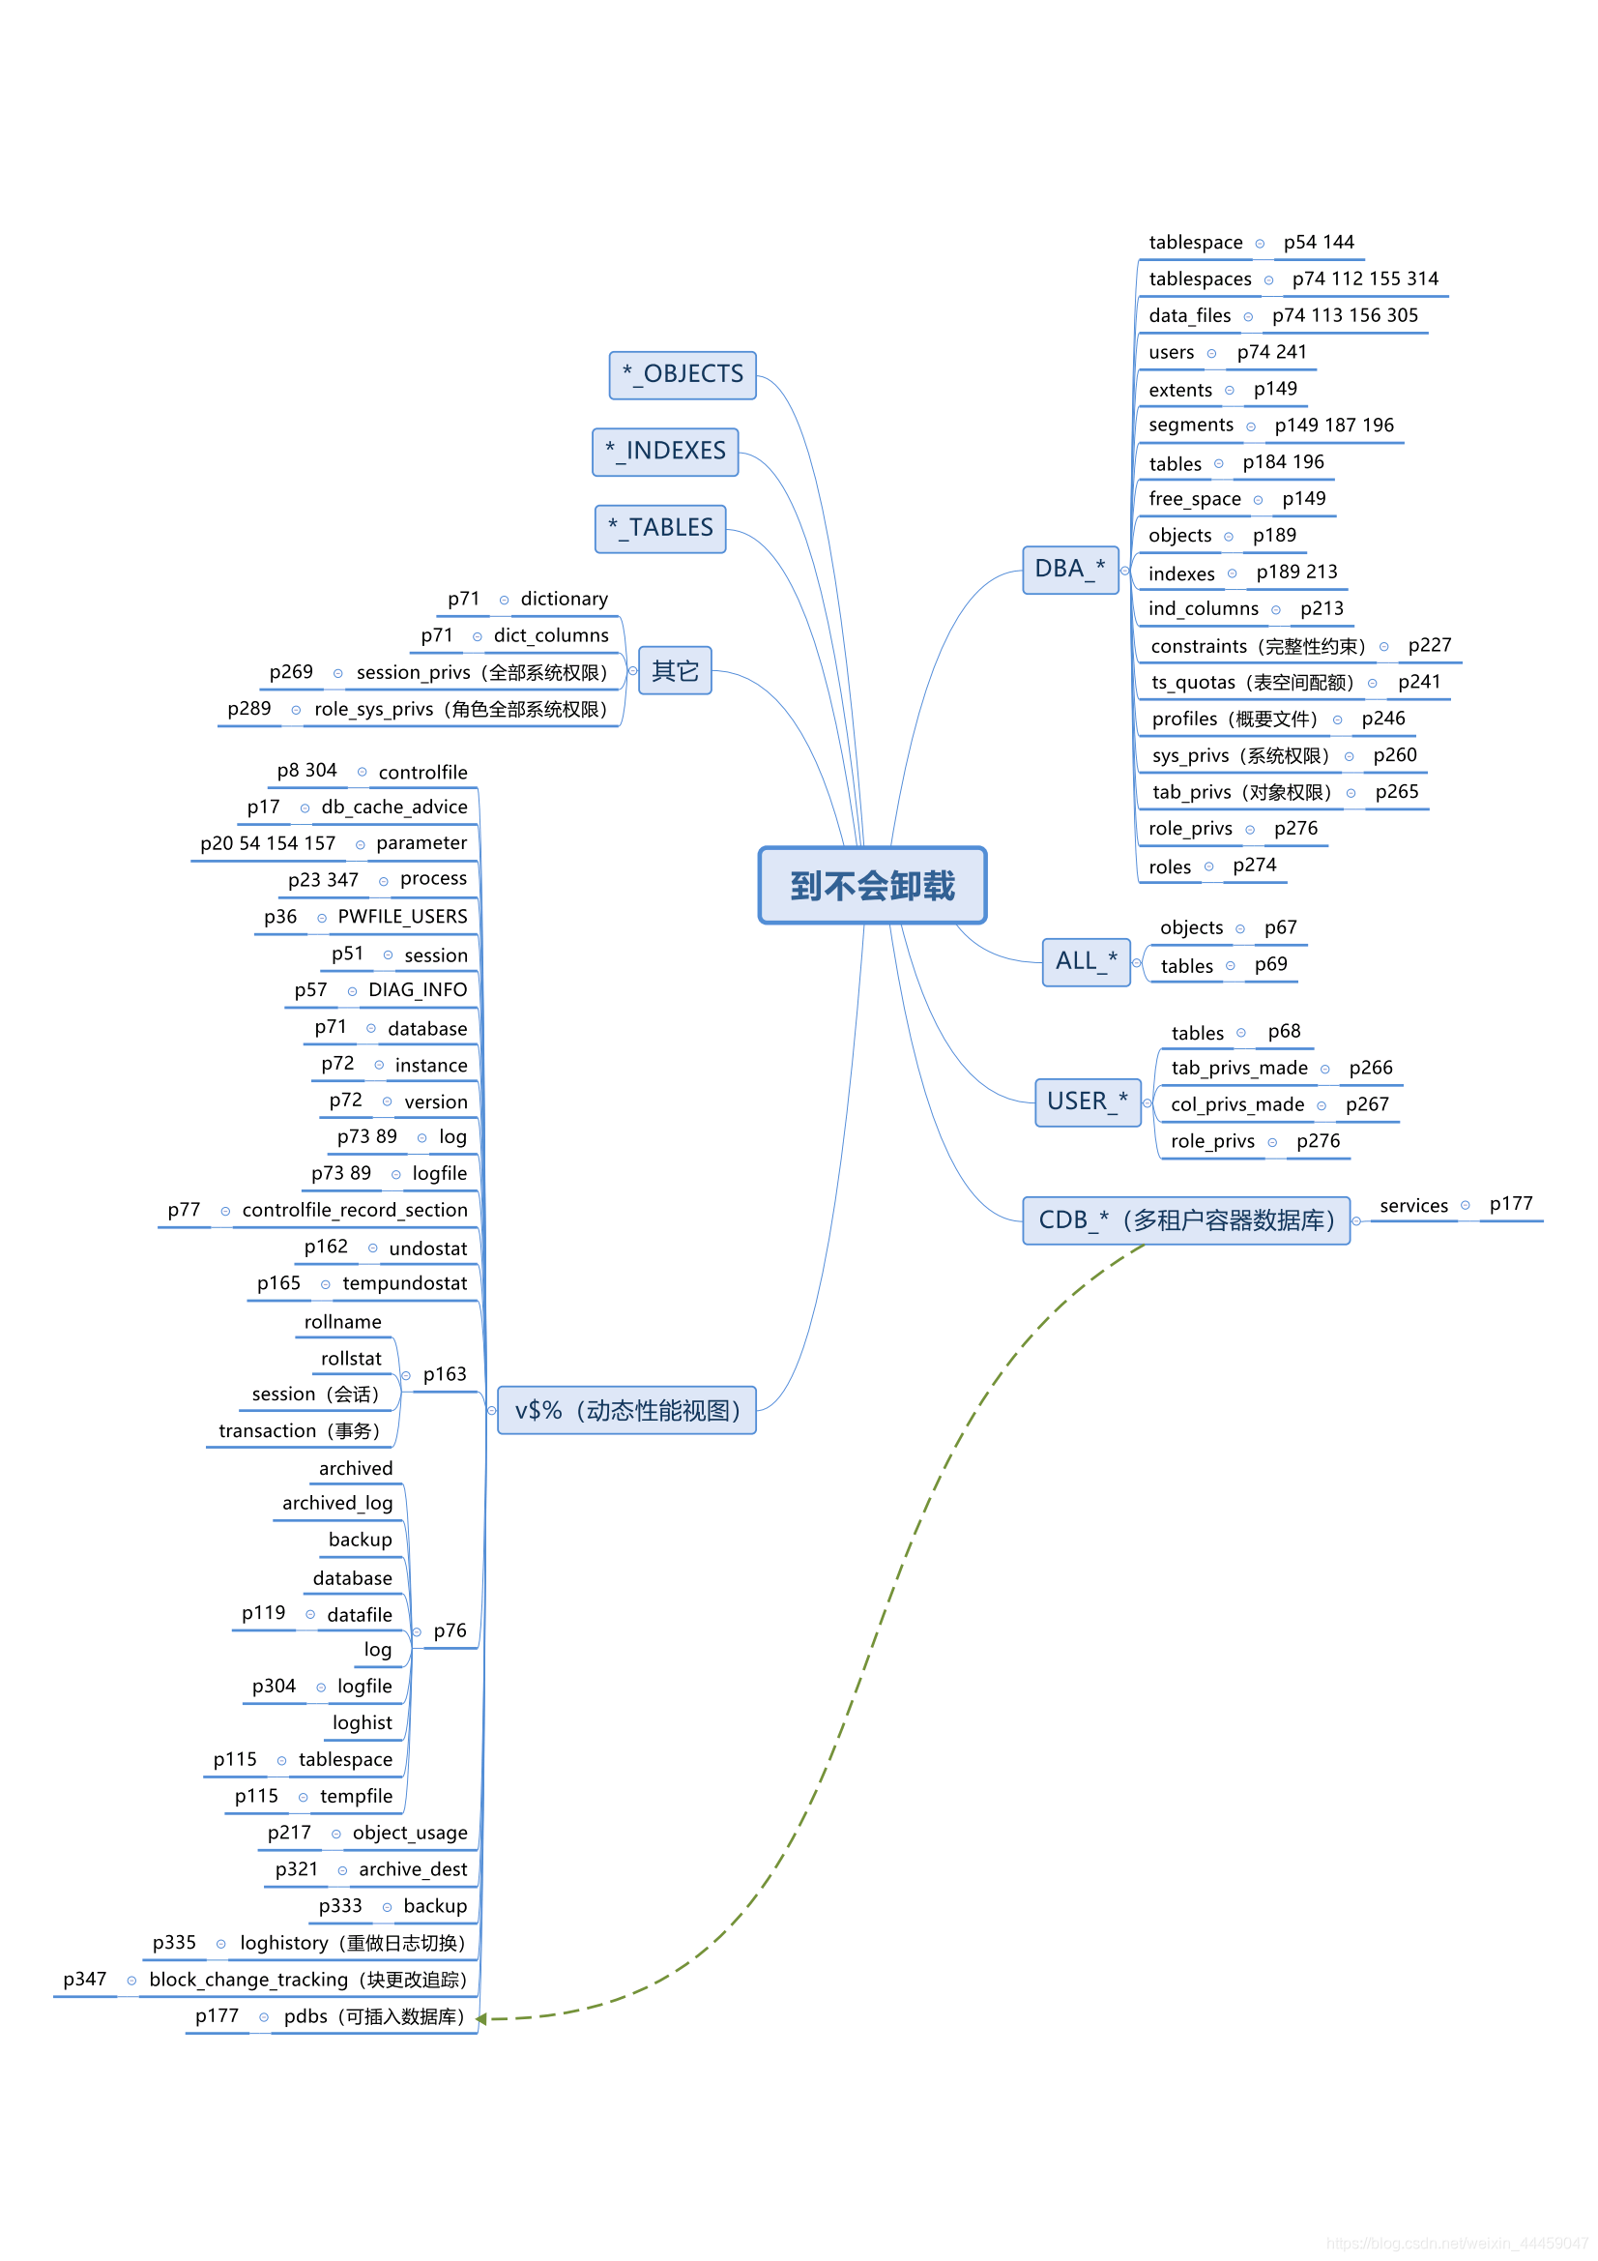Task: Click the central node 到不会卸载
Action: (871, 885)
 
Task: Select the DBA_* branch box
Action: (1069, 570)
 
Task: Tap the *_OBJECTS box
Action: (683, 374)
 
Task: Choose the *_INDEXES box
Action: (664, 451)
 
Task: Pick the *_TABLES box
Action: (659, 528)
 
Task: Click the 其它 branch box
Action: (675, 670)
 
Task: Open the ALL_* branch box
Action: (1085, 961)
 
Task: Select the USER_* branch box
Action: (1087, 1101)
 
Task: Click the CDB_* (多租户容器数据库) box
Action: (1185, 1220)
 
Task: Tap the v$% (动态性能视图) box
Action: (626, 1410)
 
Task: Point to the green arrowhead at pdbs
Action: (481, 2019)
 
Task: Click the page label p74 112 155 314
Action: (1365, 279)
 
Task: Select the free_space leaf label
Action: (1194, 499)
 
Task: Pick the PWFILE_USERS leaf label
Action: (402, 917)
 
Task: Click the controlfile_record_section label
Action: (355, 1210)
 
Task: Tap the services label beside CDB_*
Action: (1413, 1205)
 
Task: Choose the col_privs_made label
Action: (1236, 1105)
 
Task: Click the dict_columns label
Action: (550, 636)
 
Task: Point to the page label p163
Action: (444, 1374)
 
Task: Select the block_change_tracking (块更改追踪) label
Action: (307, 1980)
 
